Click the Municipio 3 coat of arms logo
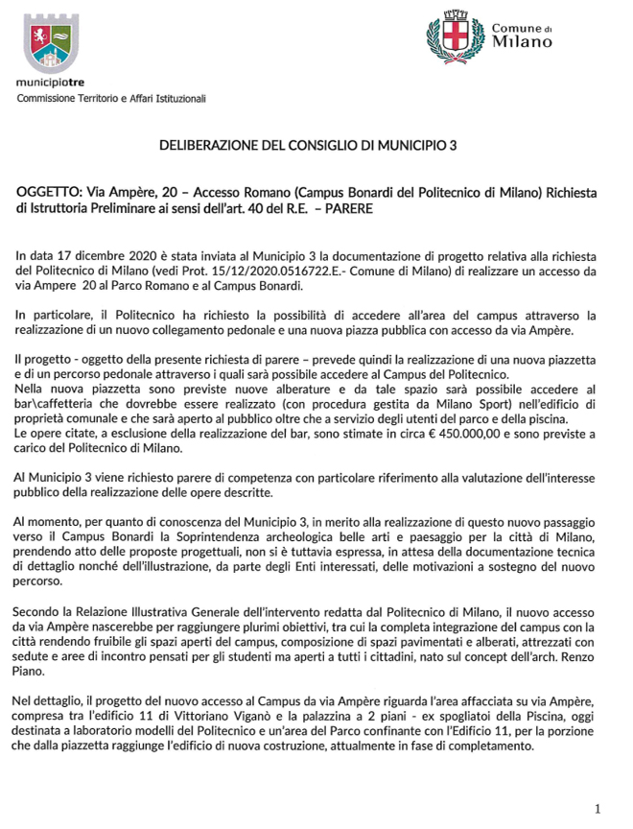click(48, 44)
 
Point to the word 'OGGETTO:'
click(48, 193)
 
